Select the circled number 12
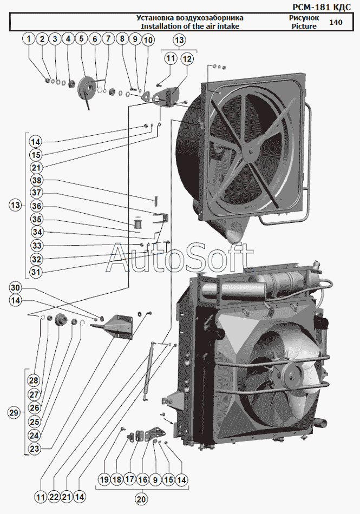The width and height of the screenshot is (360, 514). click(x=186, y=58)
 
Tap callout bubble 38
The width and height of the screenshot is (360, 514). click(x=36, y=180)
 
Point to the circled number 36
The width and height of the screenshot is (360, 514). click(x=36, y=206)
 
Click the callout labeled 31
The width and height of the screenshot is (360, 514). click(x=36, y=272)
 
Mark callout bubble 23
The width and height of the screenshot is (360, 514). click(x=35, y=448)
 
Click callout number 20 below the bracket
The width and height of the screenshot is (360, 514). click(x=141, y=499)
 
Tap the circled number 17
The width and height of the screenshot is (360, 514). click(x=129, y=479)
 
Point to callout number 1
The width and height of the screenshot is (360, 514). click(x=28, y=39)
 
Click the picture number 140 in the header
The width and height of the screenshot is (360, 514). click(x=336, y=22)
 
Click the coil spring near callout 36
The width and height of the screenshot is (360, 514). click(x=138, y=222)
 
